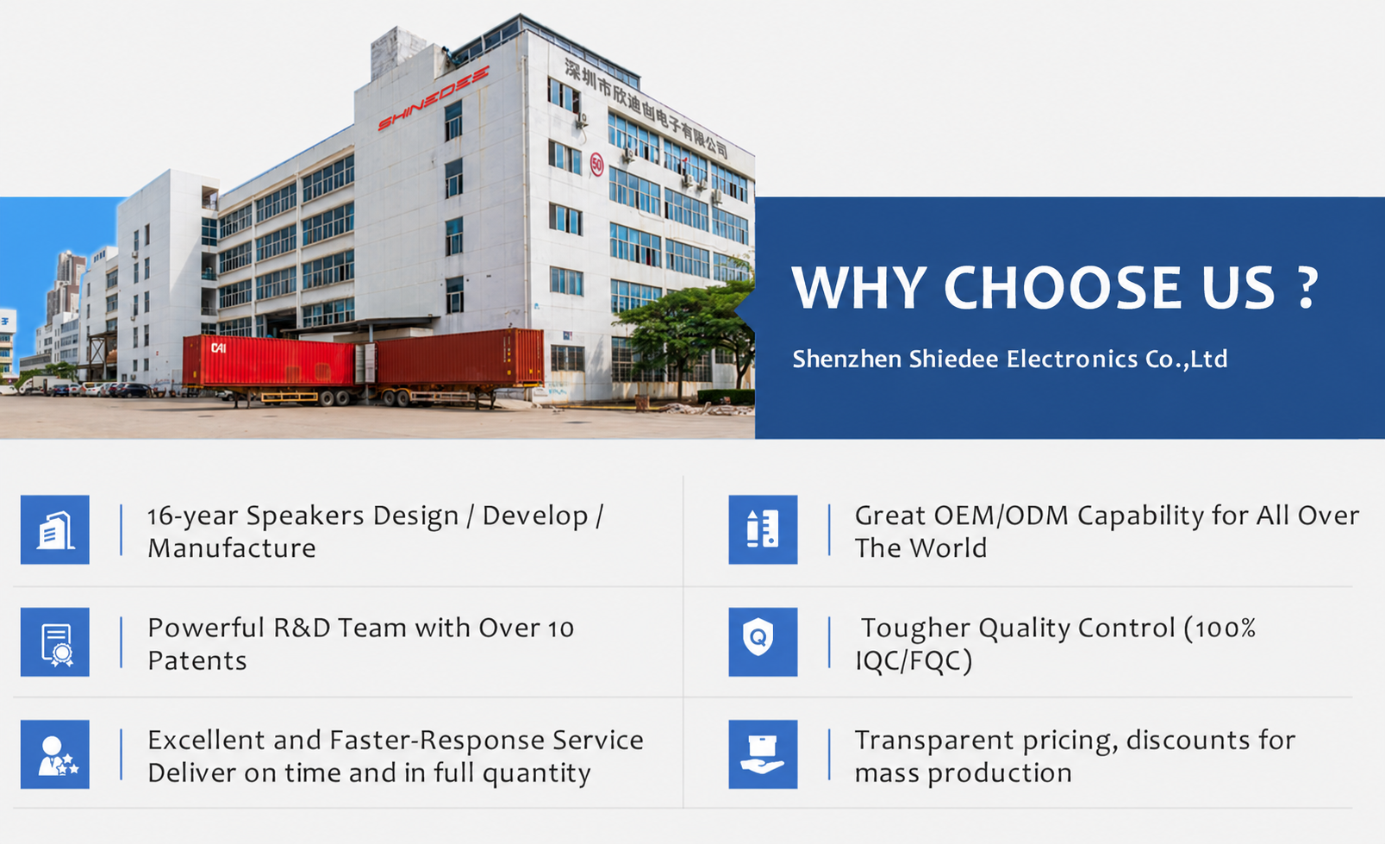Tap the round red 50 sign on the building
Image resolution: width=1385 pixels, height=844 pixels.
pos(596,165)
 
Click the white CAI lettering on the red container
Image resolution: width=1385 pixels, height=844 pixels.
pos(218,348)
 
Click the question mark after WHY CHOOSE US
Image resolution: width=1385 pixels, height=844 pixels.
pos(1306,288)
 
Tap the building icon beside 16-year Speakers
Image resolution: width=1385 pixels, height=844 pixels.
pos(55,529)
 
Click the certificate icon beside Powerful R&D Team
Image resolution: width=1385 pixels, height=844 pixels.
pos(55,641)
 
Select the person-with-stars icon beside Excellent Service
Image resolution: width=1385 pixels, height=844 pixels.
pos(55,754)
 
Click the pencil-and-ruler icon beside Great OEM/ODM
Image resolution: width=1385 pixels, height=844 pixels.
pos(763,529)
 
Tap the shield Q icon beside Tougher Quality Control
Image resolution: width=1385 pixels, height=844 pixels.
pos(763,641)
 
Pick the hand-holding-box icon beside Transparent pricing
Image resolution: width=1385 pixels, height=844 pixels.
pos(763,754)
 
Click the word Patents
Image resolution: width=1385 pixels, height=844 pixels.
pos(197,661)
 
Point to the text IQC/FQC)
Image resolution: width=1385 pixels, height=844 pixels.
pos(914,661)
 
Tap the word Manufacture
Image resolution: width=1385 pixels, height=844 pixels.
pos(232,548)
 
